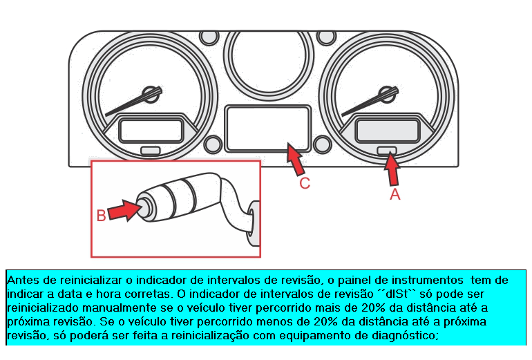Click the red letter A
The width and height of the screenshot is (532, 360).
click(x=395, y=194)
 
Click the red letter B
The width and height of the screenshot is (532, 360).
click(x=101, y=216)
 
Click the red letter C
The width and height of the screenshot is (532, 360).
click(x=305, y=183)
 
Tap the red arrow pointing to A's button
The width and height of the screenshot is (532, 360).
click(x=392, y=169)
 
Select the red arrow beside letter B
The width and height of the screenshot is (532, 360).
click(x=124, y=210)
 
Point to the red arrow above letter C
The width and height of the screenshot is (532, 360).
click(x=295, y=159)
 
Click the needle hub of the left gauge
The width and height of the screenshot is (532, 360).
click(x=151, y=95)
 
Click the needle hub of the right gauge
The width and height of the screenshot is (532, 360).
click(x=387, y=95)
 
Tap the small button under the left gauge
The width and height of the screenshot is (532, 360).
click(x=151, y=151)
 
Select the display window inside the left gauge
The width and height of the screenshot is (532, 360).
click(x=151, y=131)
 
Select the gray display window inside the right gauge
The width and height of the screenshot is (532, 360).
click(x=387, y=131)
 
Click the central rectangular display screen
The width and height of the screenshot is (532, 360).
click(x=267, y=129)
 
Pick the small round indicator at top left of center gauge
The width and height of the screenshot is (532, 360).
click(x=209, y=37)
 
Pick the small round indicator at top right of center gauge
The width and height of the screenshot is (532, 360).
click(x=326, y=37)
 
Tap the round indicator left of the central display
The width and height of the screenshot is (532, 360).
click(x=213, y=144)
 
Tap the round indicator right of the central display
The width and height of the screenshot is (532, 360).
click(x=322, y=144)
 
